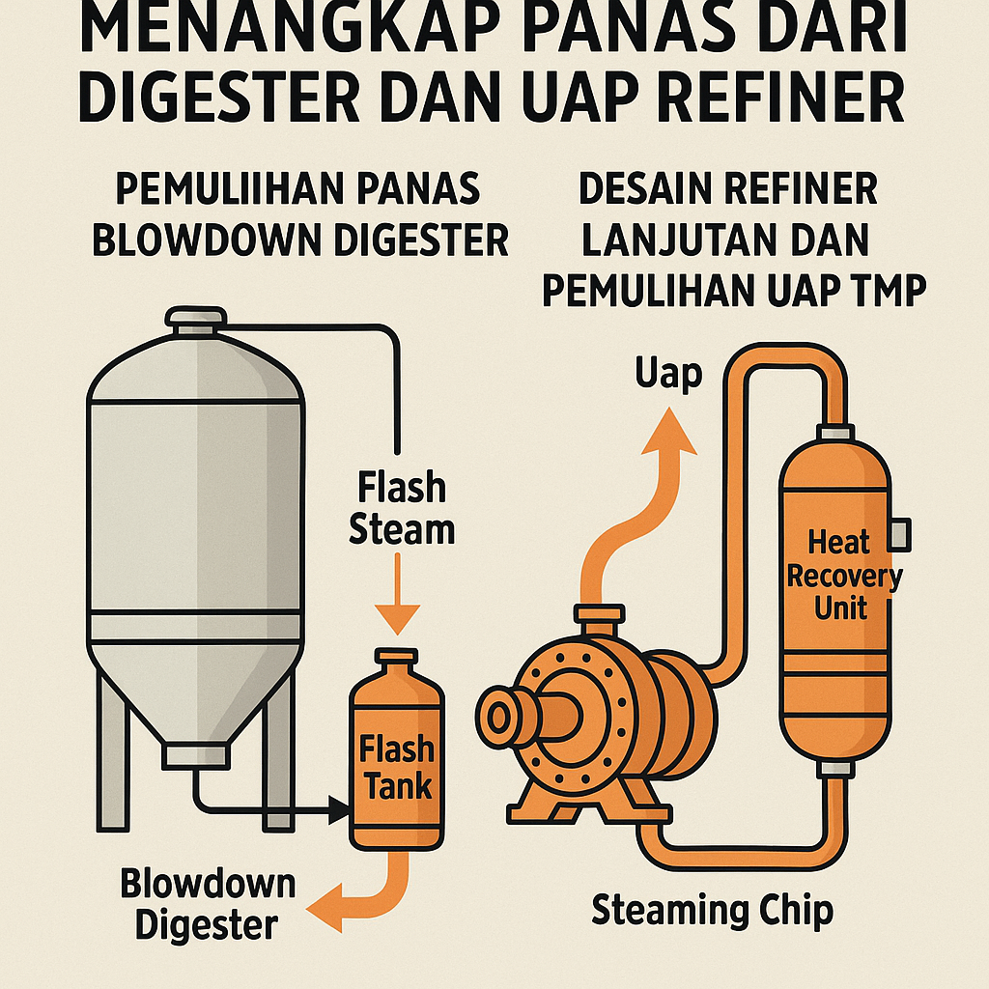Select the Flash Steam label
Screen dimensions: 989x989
pos(401,508)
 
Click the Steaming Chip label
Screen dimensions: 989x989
pos(712,910)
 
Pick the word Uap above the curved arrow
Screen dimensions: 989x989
pos(668,374)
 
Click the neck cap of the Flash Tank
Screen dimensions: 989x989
pos(397,661)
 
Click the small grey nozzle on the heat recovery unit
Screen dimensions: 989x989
pos(902,529)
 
